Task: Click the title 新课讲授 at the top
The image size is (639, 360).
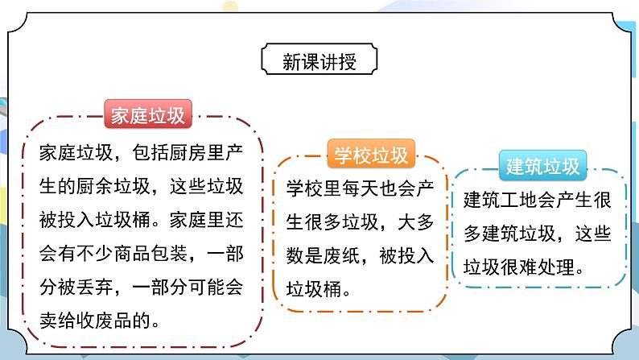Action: click(319, 61)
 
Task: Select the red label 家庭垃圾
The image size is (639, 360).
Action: click(146, 116)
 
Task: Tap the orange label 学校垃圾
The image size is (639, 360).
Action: click(366, 154)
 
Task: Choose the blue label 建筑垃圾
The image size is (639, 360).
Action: click(543, 167)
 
